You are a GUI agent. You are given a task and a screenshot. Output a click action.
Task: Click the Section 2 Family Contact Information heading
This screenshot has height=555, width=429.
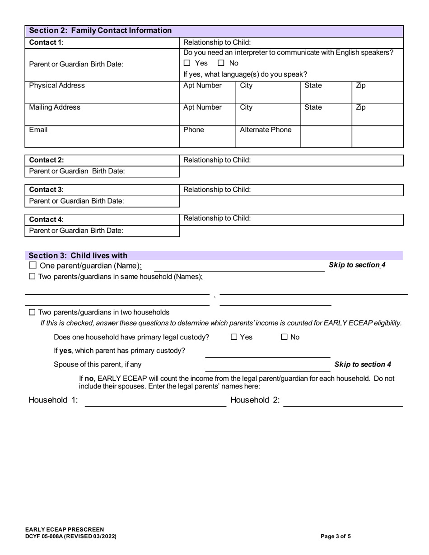pos(100,31)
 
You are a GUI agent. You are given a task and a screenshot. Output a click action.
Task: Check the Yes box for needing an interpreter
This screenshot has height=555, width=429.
pos(187,63)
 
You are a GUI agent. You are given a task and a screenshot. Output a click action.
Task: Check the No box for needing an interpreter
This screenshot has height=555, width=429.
pos(221,63)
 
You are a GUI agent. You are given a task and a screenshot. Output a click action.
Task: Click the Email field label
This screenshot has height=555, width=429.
pos(38,130)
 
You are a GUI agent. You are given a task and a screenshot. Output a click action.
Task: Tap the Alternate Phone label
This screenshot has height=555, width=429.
pos(266,130)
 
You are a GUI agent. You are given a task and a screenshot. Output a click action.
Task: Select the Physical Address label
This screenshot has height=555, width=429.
pos(57,86)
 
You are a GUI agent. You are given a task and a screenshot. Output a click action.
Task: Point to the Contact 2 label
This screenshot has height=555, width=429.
pos(47,160)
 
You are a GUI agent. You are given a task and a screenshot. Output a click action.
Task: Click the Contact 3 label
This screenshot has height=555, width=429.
pos(47,190)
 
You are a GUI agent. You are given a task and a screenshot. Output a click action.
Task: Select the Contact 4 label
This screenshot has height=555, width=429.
pos(47,220)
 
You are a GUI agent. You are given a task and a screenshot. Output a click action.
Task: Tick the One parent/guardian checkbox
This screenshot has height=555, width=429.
pos(33,266)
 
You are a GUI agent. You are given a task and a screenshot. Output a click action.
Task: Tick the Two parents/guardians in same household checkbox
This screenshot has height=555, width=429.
pos(32,277)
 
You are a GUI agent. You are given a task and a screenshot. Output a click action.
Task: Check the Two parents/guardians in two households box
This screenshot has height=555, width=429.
pos(32,312)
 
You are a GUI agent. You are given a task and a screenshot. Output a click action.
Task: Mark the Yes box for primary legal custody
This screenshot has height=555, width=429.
pos(234,337)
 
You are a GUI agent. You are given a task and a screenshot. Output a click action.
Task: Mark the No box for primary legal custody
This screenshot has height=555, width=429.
pos(284,337)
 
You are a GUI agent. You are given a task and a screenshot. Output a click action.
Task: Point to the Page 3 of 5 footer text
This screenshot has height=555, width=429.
pos(336,536)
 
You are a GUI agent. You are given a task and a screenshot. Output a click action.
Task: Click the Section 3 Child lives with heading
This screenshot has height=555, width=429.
pos(78,255)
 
